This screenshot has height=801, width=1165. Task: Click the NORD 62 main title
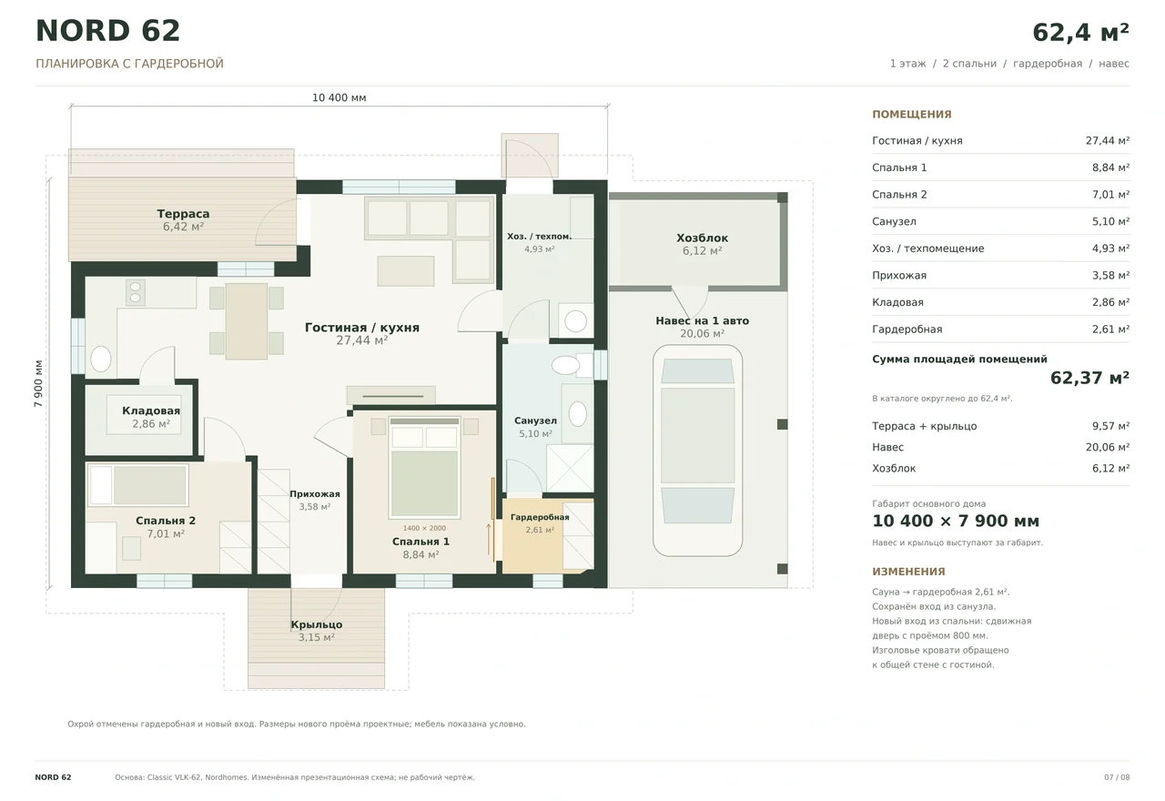click(x=107, y=31)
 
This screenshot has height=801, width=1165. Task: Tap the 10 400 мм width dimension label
click(x=339, y=97)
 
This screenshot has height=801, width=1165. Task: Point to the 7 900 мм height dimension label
click(x=38, y=383)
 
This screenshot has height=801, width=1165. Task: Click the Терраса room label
click(x=183, y=214)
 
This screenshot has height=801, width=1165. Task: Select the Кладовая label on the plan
click(x=151, y=411)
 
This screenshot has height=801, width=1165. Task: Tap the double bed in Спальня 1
click(x=424, y=467)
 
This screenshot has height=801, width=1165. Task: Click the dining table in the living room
click(x=247, y=321)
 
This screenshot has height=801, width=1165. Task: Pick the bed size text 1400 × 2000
click(x=424, y=528)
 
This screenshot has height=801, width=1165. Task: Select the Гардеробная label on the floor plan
click(x=540, y=517)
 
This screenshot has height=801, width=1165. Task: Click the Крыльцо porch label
click(x=316, y=624)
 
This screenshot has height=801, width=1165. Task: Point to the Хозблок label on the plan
click(x=702, y=238)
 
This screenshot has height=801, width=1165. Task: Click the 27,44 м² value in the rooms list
click(x=1108, y=140)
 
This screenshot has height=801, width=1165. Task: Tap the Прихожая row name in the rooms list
click(x=899, y=276)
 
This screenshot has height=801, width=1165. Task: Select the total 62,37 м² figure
click(x=1089, y=378)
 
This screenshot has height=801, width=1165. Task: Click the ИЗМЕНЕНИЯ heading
click(x=908, y=572)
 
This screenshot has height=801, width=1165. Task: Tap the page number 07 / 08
click(x=1117, y=777)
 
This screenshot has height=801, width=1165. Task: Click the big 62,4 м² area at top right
click(x=1080, y=32)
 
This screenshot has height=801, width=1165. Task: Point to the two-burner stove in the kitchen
click(x=136, y=292)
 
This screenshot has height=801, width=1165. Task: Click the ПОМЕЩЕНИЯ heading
click(x=912, y=115)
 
